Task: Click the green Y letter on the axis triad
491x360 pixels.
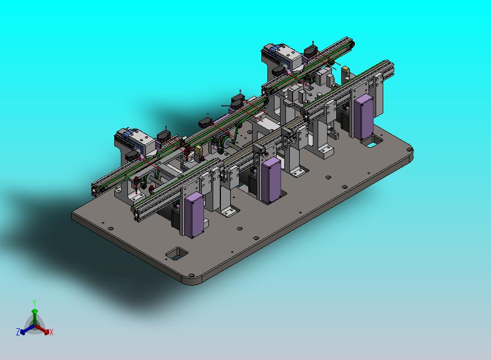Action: point(34,303)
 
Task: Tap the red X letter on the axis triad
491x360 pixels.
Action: point(51,332)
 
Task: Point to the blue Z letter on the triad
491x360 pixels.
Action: point(18,332)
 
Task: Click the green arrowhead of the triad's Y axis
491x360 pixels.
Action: point(35,311)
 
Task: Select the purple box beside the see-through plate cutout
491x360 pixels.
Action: point(364,117)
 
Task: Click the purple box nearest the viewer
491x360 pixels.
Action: point(194,215)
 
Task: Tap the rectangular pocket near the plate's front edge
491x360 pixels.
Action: point(177,253)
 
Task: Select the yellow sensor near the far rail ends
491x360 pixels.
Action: point(346,72)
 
